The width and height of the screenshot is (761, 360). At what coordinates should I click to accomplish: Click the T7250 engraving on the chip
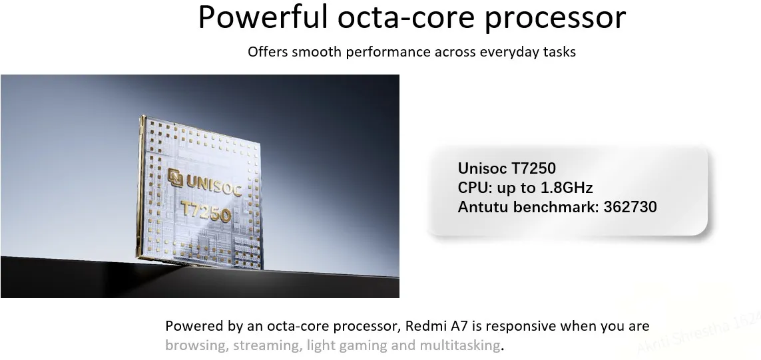(x=206, y=211)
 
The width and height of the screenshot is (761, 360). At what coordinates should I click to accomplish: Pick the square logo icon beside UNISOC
(x=175, y=177)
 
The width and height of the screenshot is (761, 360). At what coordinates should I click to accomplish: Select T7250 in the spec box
(x=533, y=168)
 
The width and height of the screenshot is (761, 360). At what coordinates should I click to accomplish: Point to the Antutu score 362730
(x=630, y=207)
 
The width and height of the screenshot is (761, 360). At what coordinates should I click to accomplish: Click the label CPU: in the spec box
(x=475, y=188)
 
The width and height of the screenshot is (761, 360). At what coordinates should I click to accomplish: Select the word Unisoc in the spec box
(x=483, y=168)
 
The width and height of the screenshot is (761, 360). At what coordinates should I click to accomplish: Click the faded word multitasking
(x=459, y=346)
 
